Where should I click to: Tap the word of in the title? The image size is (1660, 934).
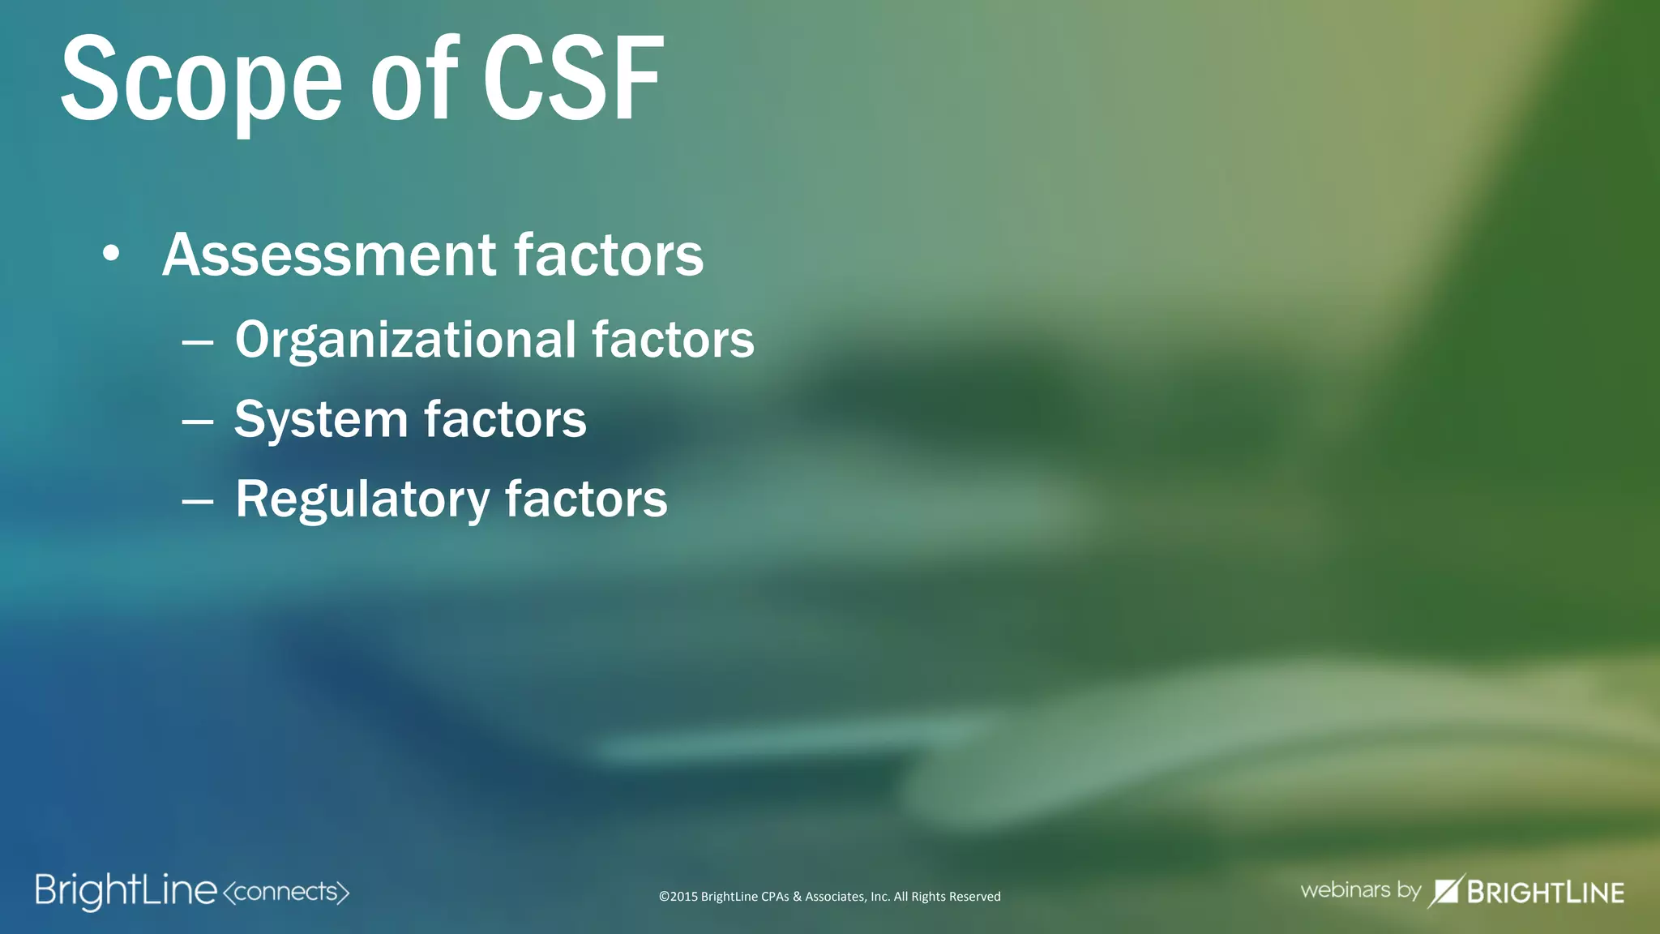click(414, 81)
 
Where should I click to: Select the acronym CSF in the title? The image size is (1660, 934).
click(573, 81)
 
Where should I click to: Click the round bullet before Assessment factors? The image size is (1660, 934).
click(111, 255)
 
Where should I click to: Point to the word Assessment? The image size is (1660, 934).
click(329, 255)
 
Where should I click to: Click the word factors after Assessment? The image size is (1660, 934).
click(609, 255)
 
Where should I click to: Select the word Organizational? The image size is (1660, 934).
click(405, 340)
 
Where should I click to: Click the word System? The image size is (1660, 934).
click(320, 421)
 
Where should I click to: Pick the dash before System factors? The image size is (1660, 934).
click(198, 422)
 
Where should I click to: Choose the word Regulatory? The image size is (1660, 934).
click(362, 499)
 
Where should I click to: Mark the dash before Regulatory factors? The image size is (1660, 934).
click(198, 502)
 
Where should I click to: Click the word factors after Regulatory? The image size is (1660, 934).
click(586, 499)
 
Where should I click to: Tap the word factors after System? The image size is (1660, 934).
click(505, 419)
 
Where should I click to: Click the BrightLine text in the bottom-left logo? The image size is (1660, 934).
click(126, 891)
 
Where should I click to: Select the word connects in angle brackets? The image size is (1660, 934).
click(285, 892)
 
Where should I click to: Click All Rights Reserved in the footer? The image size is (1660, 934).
click(947, 897)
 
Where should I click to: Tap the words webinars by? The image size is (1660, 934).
click(1360, 890)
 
